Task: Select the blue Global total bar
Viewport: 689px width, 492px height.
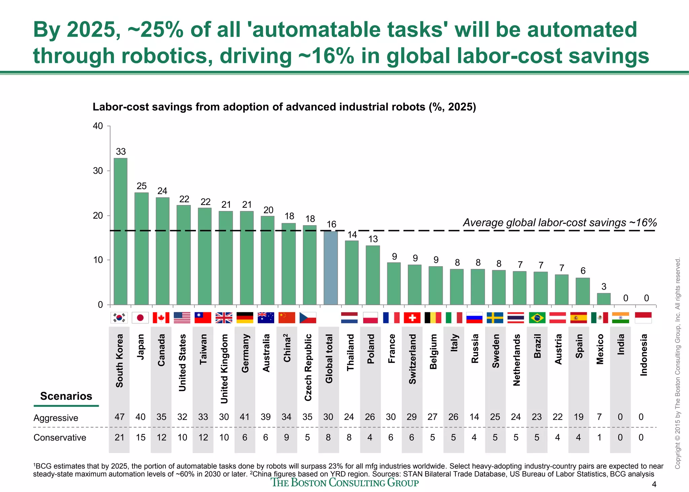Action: (x=330, y=268)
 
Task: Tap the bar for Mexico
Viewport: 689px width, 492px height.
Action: (x=604, y=299)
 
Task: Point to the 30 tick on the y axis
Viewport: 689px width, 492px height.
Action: (x=98, y=171)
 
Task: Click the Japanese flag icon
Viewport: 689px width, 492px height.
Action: (x=140, y=318)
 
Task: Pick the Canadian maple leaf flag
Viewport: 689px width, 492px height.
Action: (x=161, y=318)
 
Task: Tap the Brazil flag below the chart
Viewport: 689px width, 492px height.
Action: (x=537, y=318)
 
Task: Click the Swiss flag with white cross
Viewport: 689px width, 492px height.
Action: (x=412, y=318)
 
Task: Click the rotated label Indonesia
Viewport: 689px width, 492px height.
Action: (x=643, y=355)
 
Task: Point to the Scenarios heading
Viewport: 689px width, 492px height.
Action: (x=66, y=396)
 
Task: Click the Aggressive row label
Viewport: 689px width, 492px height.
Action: (x=56, y=418)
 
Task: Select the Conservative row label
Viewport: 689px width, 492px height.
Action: (x=60, y=437)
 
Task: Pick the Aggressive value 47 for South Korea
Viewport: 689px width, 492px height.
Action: (x=119, y=417)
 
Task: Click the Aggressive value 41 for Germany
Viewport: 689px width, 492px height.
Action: (x=245, y=417)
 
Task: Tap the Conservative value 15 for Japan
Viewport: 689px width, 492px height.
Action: (x=140, y=437)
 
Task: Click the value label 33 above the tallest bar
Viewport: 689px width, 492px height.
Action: (x=121, y=152)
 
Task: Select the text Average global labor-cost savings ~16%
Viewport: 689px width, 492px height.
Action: (x=560, y=222)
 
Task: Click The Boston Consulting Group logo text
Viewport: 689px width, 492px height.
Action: (x=345, y=483)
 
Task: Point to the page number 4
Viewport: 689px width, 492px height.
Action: (x=654, y=485)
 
